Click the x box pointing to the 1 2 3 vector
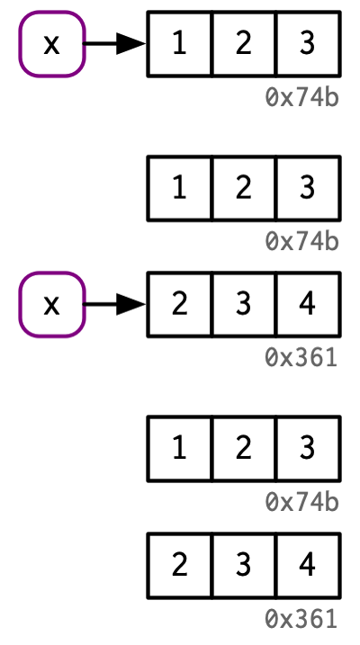coord(52,43)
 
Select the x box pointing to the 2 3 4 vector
coord(52,304)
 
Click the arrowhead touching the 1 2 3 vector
coord(130,43)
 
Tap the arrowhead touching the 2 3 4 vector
coord(130,304)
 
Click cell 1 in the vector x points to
coord(179,43)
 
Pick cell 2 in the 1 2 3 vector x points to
coord(244,43)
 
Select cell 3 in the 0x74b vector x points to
coord(308,43)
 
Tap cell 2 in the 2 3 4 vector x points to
coord(179,304)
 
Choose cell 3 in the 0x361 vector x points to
coord(244,304)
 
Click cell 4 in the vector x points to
coord(308,304)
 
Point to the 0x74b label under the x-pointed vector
coord(302,98)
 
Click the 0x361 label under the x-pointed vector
coord(301,358)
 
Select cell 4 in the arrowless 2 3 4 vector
coord(308,565)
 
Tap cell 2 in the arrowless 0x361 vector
coord(179,565)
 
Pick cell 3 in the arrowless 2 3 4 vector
coord(244,565)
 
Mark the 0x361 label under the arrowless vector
coord(301,619)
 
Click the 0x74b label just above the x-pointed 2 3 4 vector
coord(302,242)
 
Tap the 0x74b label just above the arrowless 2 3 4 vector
coord(302,503)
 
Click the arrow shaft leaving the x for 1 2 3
coord(100,43)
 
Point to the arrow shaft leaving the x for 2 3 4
coord(100,304)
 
